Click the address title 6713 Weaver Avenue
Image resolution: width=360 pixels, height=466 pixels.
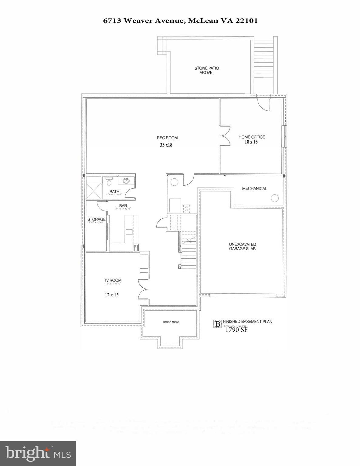pos(180,21)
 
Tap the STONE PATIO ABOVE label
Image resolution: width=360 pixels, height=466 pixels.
pos(206,70)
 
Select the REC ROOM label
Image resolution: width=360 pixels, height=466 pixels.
pos(167,138)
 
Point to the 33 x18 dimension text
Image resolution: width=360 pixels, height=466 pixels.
pos(166,145)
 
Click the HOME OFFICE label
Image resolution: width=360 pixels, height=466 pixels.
pos(251,137)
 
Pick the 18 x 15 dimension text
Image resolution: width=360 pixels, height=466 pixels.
pos(251,142)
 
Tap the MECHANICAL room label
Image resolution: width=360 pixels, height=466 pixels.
pos(254,188)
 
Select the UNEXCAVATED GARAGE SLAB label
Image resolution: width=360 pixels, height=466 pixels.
pos(242,246)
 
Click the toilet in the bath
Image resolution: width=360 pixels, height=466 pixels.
pos(109,181)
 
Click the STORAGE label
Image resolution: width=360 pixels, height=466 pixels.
pos(97,219)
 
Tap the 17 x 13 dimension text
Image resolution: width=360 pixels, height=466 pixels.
pos(112,295)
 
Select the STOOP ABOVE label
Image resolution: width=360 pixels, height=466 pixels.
pos(171,322)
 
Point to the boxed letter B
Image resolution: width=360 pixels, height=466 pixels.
pos(217,324)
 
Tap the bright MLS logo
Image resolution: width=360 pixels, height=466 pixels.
pos(38,454)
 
